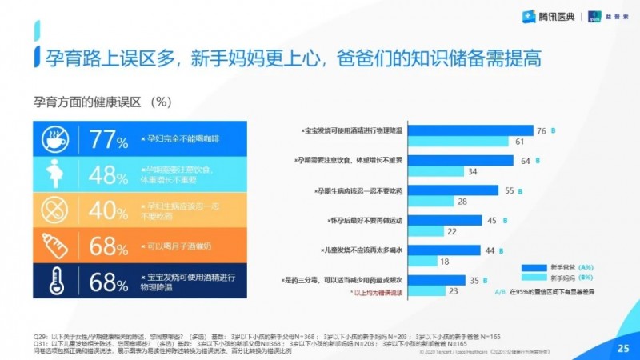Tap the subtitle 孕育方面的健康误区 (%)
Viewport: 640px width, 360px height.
pyautogui.click(x=102, y=102)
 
